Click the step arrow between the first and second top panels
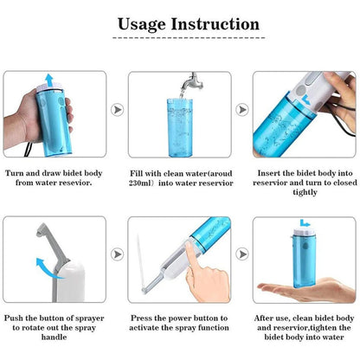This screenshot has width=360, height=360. click(x=118, y=110)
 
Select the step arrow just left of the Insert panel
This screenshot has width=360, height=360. click(x=241, y=110)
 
